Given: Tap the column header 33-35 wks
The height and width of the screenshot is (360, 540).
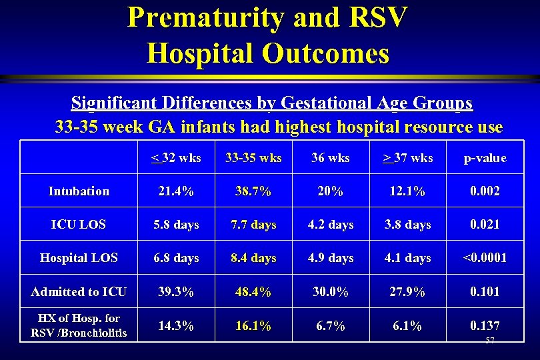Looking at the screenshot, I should (x=253, y=158).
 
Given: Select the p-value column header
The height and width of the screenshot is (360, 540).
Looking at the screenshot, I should (x=485, y=158).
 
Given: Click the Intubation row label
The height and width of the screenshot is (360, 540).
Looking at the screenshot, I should (x=79, y=191).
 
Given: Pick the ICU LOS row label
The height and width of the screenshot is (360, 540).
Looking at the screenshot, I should (x=79, y=225).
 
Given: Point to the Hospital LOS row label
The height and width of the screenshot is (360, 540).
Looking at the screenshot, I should (x=79, y=258).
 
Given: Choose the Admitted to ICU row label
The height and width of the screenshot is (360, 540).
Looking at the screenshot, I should (x=79, y=291).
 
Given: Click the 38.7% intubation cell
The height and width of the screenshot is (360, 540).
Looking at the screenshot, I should (x=253, y=191).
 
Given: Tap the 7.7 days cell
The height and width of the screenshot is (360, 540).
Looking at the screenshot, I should (x=253, y=225).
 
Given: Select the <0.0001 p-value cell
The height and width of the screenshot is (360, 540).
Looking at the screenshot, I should (x=485, y=258).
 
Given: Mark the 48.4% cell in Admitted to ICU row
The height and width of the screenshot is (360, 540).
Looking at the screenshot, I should (x=253, y=291).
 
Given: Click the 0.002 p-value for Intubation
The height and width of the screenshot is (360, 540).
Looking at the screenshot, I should (x=485, y=191).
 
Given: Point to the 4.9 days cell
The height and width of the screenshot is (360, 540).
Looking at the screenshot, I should (x=331, y=258).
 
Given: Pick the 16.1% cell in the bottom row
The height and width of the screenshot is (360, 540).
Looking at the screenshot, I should (x=253, y=326).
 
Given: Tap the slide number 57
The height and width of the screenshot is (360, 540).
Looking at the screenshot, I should (x=490, y=341).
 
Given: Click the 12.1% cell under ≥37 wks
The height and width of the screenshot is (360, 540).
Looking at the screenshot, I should (x=408, y=191).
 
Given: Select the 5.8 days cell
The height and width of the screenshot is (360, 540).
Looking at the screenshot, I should (x=176, y=225).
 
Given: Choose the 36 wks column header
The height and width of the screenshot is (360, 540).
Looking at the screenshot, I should (x=331, y=158).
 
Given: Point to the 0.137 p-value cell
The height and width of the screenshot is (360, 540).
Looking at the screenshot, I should (x=485, y=325).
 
